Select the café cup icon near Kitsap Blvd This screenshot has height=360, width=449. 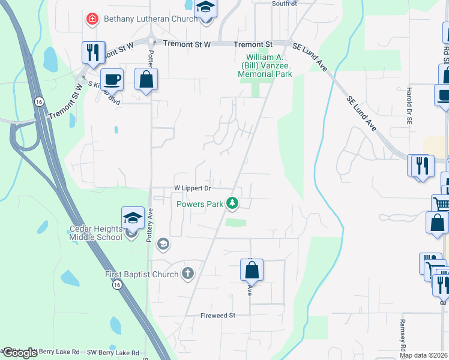tap(111, 79)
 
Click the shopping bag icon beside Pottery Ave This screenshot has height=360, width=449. tap(146, 79)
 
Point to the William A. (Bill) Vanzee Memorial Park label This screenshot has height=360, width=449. tap(265, 65)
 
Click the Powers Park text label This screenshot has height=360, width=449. tap(200, 204)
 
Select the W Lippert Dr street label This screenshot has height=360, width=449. tap(193, 188)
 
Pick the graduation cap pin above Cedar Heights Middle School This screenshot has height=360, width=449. tap(133, 217)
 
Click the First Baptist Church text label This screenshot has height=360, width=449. tap(142, 274)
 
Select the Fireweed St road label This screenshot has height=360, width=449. tap(217, 315)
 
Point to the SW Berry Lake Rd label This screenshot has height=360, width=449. tap(113, 353)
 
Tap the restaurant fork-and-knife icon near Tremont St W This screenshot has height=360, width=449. tap(93, 52)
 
